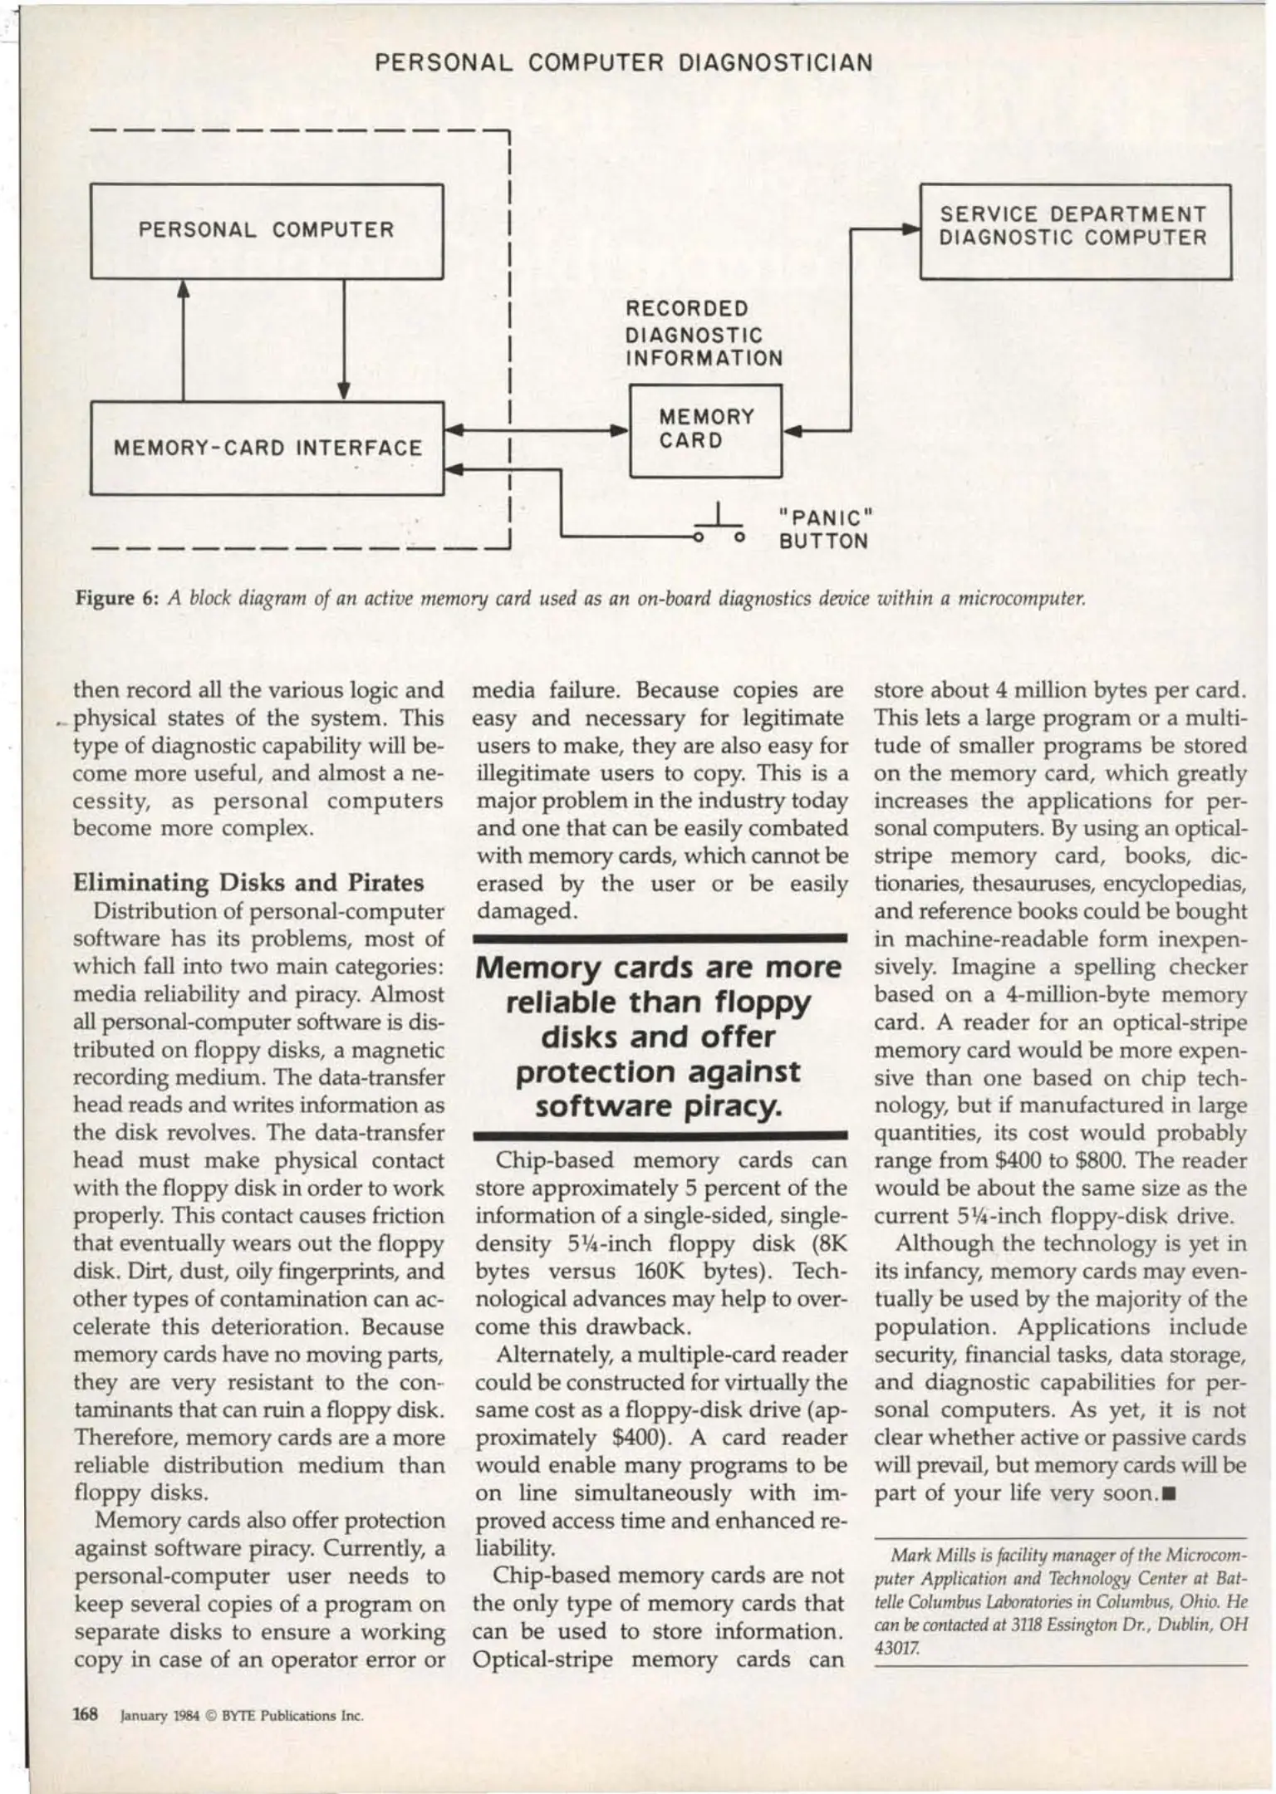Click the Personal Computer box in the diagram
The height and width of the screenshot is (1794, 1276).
click(x=266, y=230)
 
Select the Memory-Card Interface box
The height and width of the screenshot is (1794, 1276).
click(x=266, y=448)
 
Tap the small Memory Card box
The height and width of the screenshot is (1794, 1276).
click(x=705, y=429)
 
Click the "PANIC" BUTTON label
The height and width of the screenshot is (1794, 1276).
click(x=823, y=529)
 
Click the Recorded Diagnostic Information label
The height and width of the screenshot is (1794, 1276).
click(x=703, y=334)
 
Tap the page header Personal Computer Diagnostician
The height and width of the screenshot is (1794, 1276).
click(x=624, y=62)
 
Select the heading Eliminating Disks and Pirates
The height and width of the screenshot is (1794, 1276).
click(x=248, y=882)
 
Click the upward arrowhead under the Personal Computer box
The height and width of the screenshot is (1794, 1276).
click(x=184, y=287)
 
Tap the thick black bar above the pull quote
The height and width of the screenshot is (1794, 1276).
click(x=660, y=939)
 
